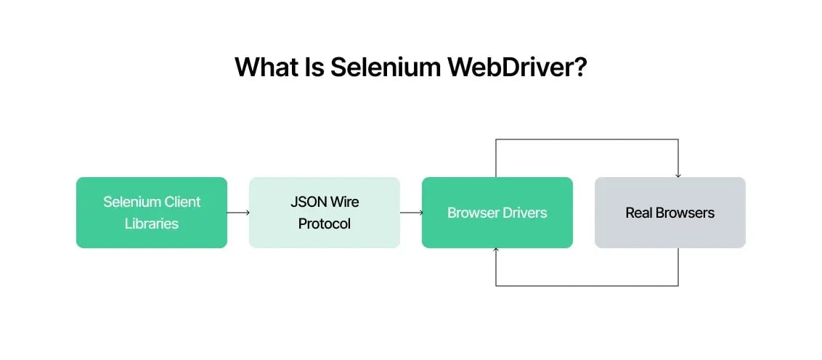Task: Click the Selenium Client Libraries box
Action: [x=152, y=213]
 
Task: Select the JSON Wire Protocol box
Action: [x=325, y=213]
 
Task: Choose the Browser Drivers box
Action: [x=497, y=213]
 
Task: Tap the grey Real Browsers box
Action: [x=670, y=213]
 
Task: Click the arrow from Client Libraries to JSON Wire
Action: [x=238, y=213]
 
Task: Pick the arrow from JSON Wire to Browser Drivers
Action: [x=411, y=213]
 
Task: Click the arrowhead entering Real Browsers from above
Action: [x=678, y=175]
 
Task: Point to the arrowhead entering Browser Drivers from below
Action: [x=496, y=250]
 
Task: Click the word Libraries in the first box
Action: [x=152, y=224]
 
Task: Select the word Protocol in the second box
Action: [x=325, y=224]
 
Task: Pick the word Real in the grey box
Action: [x=639, y=213]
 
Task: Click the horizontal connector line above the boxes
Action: [x=587, y=139]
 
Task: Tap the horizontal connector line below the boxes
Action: [x=587, y=285]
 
